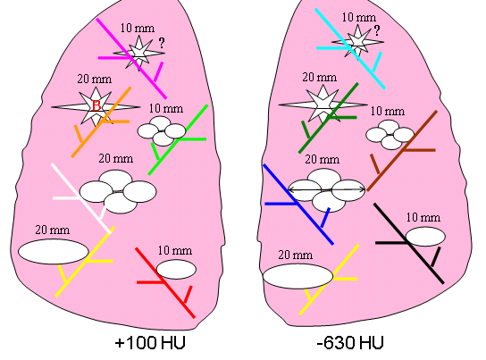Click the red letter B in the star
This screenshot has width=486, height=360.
96,105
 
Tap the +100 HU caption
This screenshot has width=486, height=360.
150,343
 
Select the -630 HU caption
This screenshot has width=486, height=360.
350,343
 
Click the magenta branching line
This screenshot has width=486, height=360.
131,59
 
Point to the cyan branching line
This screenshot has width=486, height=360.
350,49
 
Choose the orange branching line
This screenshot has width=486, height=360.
101,122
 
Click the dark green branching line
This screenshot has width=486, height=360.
329,118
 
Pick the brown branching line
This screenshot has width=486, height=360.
402,151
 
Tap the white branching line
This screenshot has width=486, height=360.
81,198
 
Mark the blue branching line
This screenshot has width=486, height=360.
298,205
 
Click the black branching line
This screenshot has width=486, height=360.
409,244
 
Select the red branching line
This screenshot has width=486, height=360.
165,283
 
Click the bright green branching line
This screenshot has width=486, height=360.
178,140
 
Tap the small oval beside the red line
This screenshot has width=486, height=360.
176,269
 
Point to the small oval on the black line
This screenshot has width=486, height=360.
425,237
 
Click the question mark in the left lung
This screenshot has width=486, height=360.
162,43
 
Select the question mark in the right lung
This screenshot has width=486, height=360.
377,30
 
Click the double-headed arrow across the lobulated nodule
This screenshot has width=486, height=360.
327,189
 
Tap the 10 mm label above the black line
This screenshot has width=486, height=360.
423,217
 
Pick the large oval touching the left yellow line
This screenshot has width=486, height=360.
54,252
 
